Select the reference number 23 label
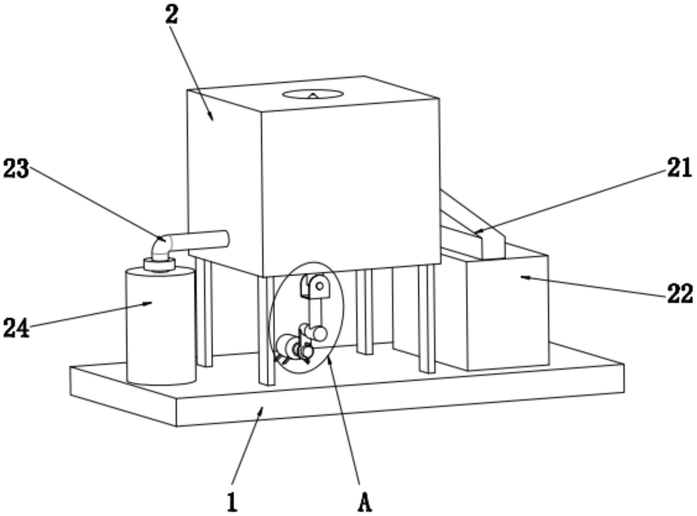[16, 169]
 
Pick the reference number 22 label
[680, 294]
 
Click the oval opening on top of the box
[313, 94]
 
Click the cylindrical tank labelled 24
[161, 328]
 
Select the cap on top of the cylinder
[159, 264]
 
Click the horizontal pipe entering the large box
[202, 241]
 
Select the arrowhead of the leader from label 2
[212, 118]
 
